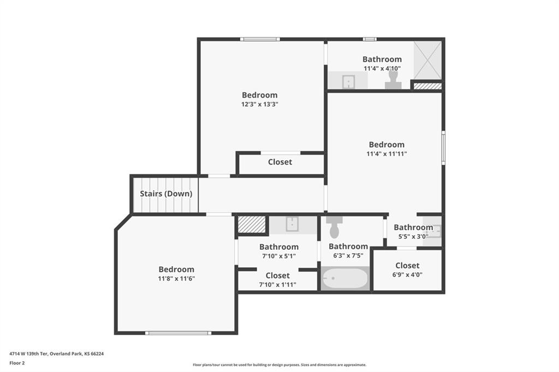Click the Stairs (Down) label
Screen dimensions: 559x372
click(x=166, y=194)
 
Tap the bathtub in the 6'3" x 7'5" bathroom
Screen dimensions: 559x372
click(x=345, y=278)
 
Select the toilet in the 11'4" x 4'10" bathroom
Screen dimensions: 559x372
click(x=393, y=80)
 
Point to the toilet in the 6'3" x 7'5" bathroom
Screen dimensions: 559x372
click(x=334, y=227)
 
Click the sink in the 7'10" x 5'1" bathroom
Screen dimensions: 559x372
click(x=293, y=224)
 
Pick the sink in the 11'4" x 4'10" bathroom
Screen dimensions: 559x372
click(x=348, y=82)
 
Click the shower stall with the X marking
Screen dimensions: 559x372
click(x=427, y=60)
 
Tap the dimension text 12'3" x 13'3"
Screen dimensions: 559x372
click(x=259, y=104)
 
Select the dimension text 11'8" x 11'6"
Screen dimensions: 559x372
click(x=176, y=279)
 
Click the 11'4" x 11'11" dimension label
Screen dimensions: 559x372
click(x=387, y=154)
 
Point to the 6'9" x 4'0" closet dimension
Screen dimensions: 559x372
click(x=407, y=275)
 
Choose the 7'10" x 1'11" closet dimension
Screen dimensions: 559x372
click(x=278, y=285)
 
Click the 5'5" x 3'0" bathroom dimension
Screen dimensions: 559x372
click(x=413, y=236)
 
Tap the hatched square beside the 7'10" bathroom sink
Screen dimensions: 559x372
click(x=252, y=225)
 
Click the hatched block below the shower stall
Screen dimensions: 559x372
click(x=427, y=86)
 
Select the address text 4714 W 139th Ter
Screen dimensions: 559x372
click(x=28, y=354)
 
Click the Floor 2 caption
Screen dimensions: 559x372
click(x=17, y=363)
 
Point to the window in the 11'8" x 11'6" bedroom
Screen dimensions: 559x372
click(x=178, y=333)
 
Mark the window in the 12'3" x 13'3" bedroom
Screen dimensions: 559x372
click(x=260, y=39)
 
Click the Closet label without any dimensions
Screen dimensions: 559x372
click(x=280, y=162)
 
